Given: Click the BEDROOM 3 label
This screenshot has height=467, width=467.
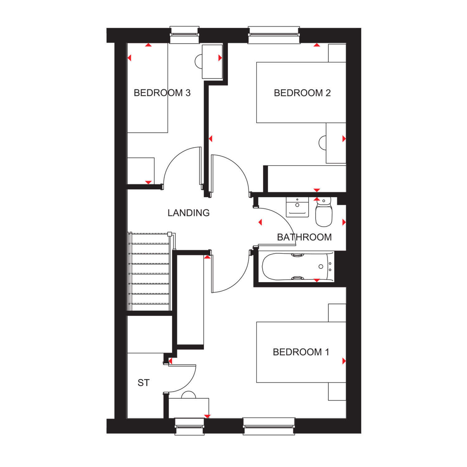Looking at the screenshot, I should [162, 93].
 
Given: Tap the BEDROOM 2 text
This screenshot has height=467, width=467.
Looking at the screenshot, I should [302, 93].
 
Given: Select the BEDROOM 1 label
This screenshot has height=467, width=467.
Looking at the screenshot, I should [301, 352].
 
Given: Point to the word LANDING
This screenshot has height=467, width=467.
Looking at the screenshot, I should [188, 213].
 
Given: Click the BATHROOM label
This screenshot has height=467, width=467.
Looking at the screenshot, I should [304, 237].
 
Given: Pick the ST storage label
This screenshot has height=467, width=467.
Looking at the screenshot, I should [144, 383].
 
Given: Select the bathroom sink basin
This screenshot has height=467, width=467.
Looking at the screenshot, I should [297, 207].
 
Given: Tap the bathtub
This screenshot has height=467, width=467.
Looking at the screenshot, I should [297, 267].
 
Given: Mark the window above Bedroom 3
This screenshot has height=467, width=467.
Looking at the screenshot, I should [184, 35].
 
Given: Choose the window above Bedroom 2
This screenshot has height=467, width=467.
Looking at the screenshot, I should [274, 35].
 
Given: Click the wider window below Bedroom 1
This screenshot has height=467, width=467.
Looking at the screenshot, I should [269, 426].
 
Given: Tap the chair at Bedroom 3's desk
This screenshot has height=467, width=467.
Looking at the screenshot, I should [198, 61].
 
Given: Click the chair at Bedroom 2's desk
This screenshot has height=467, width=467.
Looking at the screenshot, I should [322, 143].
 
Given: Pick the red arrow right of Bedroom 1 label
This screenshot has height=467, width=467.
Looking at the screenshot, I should [344, 361].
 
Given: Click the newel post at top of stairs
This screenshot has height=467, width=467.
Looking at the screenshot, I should [170, 234].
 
